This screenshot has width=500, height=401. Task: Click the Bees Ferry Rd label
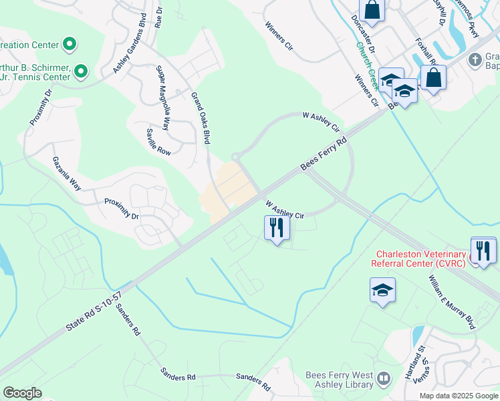click(325, 153)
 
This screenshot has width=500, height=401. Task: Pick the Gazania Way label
click(67, 174)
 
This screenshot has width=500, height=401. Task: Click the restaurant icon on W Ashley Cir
click(276, 229)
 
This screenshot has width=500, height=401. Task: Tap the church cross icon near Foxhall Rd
click(475, 59)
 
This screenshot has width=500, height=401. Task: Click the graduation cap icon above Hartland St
click(382, 290)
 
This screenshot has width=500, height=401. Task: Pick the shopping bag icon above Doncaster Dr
click(372, 10)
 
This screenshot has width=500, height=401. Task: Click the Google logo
click(23, 393)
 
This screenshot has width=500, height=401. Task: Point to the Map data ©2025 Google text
click(459, 396)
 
